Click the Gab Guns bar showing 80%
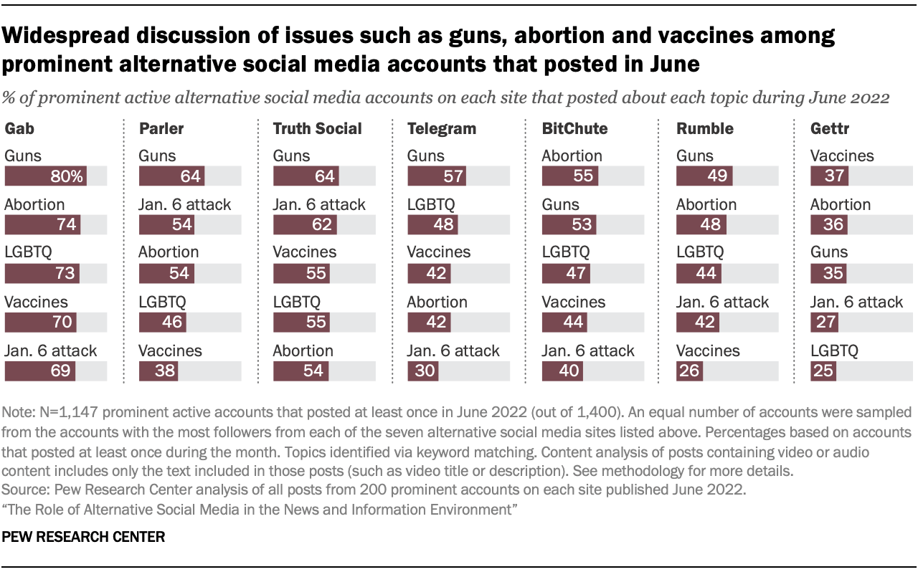46,176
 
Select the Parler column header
161,129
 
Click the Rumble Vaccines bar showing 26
690,371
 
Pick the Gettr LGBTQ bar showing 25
823,371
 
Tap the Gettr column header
830,129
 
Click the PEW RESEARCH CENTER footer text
85,536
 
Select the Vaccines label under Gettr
842,156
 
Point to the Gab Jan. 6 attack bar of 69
40,371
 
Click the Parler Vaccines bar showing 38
158,371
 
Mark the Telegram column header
441,129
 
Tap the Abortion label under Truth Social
303,351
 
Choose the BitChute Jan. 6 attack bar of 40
563,371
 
